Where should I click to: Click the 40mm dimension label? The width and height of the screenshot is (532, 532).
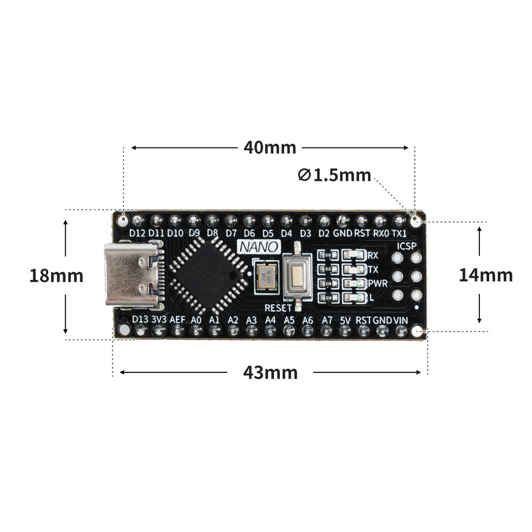click(270, 148)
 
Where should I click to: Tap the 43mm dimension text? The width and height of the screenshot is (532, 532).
click(270, 372)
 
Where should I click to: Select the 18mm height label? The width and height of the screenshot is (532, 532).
click(56, 275)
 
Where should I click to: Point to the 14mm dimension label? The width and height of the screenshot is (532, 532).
click(485, 275)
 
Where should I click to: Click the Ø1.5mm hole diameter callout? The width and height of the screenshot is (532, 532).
click(334, 175)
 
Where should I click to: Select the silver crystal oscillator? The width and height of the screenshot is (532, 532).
click(267, 275)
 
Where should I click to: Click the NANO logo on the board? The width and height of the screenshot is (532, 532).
click(254, 247)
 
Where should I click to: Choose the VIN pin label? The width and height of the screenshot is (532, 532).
click(401, 320)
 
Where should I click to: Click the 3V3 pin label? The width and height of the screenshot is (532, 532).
click(159, 320)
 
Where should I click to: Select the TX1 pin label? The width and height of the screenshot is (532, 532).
click(400, 233)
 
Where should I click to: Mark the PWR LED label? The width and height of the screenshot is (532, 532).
click(377, 283)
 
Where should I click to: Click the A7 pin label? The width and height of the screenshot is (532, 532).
click(327, 320)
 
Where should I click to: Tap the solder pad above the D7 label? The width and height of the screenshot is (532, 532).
click(231, 221)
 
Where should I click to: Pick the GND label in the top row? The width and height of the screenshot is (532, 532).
click(342, 233)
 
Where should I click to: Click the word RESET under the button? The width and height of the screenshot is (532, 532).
click(278, 307)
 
